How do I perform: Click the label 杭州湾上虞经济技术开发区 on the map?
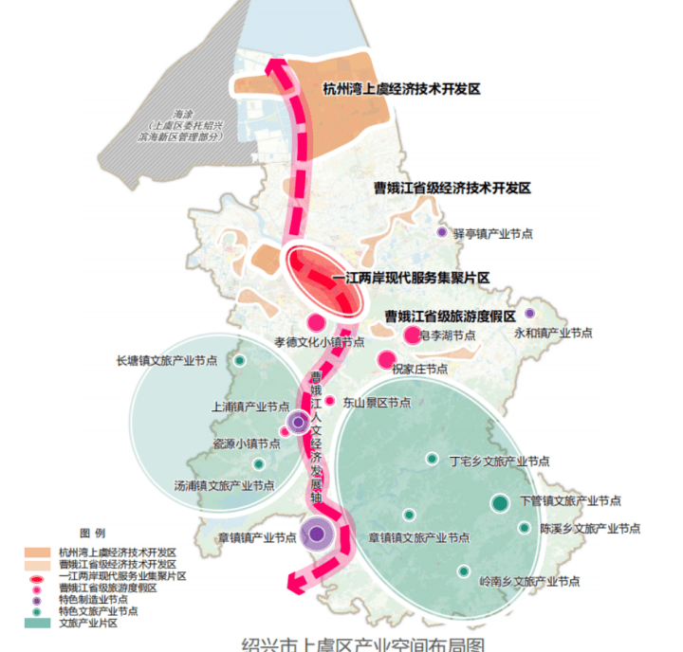[x=402, y=89]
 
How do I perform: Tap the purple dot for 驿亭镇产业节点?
[x=441, y=232]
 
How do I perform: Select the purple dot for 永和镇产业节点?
[x=529, y=314]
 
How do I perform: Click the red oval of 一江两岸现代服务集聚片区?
[x=324, y=279]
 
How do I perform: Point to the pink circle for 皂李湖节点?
[x=412, y=335]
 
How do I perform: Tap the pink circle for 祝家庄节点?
[x=386, y=359]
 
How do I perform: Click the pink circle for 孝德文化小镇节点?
[x=316, y=322]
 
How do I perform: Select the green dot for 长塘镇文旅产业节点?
[x=240, y=360]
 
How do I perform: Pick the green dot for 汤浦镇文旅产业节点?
[x=258, y=464]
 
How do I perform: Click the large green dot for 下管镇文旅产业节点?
[x=500, y=503]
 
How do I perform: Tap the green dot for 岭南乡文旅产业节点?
[x=464, y=570]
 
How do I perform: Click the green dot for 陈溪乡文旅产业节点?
[x=524, y=528]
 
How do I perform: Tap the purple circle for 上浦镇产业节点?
[x=298, y=422]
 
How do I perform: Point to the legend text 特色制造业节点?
[x=93, y=599]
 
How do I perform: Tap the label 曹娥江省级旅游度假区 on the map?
[x=449, y=316]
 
